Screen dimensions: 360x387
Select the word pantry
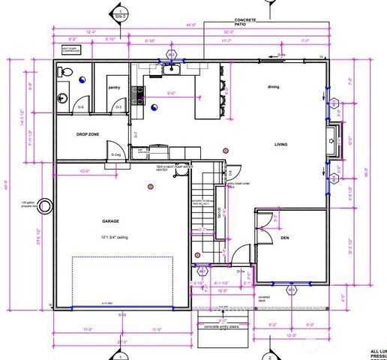115,88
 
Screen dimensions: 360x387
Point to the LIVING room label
281,145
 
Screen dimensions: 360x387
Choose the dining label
274,87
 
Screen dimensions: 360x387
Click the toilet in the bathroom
64,73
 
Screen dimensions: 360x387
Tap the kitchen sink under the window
171,70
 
